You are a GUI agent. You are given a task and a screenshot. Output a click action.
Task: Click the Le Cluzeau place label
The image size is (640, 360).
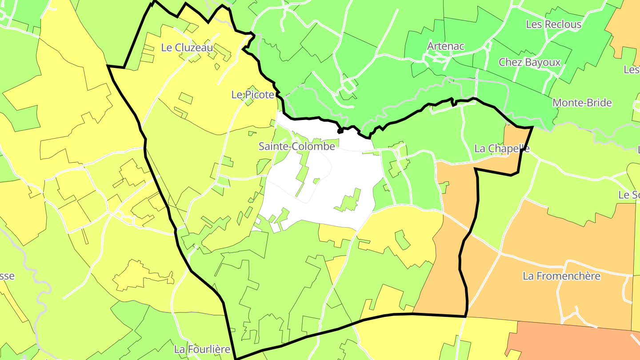click(x=187, y=48)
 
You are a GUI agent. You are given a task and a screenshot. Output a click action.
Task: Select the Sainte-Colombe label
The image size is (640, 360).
click(x=297, y=146)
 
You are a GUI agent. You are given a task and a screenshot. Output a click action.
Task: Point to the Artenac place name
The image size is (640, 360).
click(x=446, y=46)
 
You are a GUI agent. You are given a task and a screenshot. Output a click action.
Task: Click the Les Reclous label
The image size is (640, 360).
click(x=553, y=24)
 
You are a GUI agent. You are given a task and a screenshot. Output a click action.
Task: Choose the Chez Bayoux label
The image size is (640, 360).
click(x=529, y=62)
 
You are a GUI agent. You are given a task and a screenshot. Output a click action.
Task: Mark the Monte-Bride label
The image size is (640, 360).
click(x=582, y=103)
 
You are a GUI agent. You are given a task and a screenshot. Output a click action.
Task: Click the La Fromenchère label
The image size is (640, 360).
click(x=561, y=276)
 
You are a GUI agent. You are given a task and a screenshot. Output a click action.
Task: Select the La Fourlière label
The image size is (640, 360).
click(x=202, y=349)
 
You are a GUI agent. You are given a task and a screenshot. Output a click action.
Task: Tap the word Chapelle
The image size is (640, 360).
click(x=508, y=148)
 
